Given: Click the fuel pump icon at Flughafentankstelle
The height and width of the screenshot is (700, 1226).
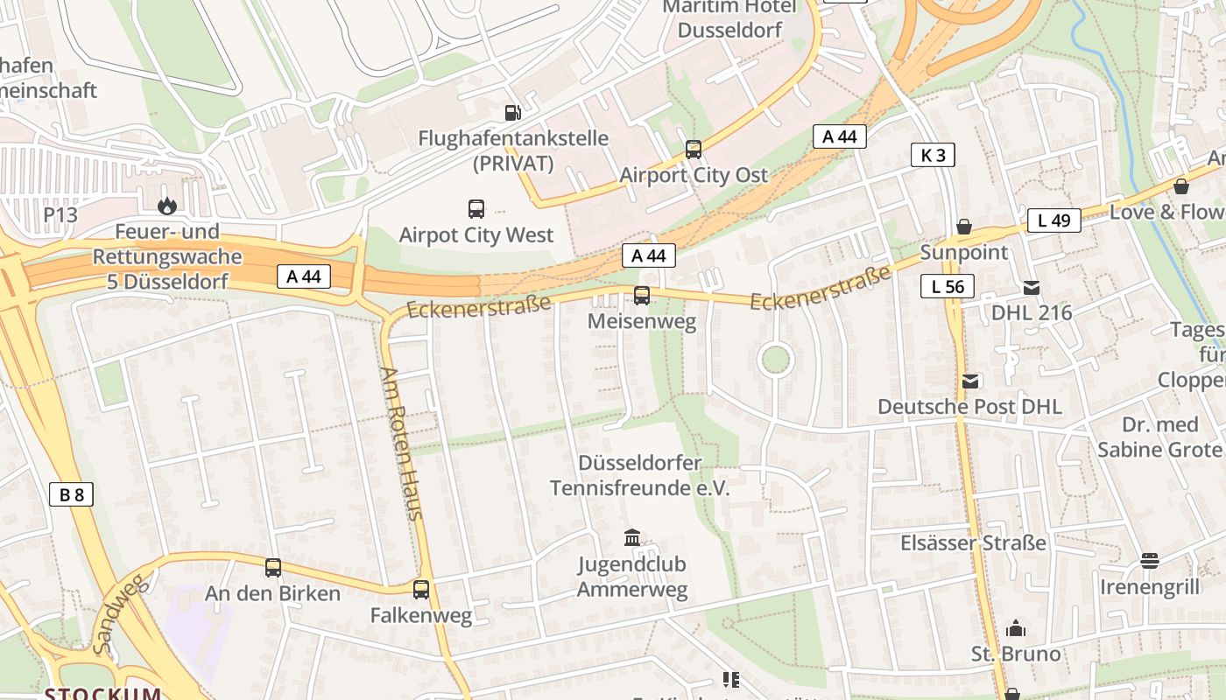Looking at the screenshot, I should [x=512, y=112].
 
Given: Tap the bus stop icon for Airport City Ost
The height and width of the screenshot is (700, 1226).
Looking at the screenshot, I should [x=693, y=150].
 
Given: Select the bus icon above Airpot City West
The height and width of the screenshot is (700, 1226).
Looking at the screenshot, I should [x=476, y=209].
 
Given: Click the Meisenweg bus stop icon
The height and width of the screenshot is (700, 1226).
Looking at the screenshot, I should [x=642, y=296].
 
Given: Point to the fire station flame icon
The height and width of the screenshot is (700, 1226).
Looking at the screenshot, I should [x=166, y=206].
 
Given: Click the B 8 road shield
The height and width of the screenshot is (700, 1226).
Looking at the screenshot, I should [x=71, y=495].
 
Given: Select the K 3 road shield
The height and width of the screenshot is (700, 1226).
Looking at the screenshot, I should [x=933, y=156].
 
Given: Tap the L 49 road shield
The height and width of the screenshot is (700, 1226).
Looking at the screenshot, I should [x=1054, y=220].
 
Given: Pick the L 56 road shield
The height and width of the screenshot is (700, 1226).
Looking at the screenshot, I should [x=948, y=286].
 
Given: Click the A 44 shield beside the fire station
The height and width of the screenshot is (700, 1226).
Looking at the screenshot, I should [x=304, y=276].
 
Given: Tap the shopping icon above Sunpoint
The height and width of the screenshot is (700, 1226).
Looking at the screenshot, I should [x=963, y=227].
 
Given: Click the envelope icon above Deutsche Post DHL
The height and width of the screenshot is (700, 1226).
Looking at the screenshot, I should [x=970, y=381].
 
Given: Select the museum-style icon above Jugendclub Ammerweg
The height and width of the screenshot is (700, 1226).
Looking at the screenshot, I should [x=631, y=537].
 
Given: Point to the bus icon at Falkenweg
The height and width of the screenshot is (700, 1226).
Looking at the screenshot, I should [x=421, y=590].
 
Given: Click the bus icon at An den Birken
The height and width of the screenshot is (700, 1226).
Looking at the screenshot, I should [x=273, y=568].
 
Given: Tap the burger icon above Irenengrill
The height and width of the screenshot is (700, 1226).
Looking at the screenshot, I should [x=1150, y=561].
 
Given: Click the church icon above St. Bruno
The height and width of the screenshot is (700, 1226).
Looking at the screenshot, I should [x=1016, y=628].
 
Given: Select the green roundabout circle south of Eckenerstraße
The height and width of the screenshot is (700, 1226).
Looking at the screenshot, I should [x=774, y=360].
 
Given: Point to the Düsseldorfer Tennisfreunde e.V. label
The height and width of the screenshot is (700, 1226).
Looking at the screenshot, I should [x=639, y=475].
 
